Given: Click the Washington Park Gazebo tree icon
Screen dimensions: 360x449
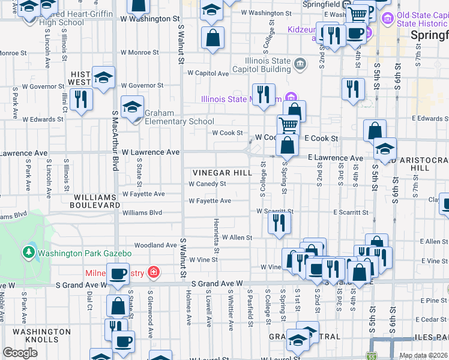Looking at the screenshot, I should click(28, 253).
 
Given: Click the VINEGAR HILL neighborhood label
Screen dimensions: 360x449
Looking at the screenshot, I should click(222, 172).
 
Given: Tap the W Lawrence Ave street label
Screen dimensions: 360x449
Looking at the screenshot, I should click(151, 152).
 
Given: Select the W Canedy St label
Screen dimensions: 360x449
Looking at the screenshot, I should click(207, 184).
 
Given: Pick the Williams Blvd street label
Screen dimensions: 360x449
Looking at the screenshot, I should click(142, 212).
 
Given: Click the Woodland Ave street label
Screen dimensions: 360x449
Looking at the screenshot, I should click(155, 245).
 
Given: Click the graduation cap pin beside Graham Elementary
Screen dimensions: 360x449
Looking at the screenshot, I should click(132, 107).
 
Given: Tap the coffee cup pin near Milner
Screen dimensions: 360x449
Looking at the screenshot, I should click(118, 274).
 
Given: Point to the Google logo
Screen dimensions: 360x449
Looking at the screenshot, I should click(20, 352).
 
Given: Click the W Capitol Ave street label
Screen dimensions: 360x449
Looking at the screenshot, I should click(208, 73).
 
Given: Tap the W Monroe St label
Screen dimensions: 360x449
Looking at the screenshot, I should click(139, 53).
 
